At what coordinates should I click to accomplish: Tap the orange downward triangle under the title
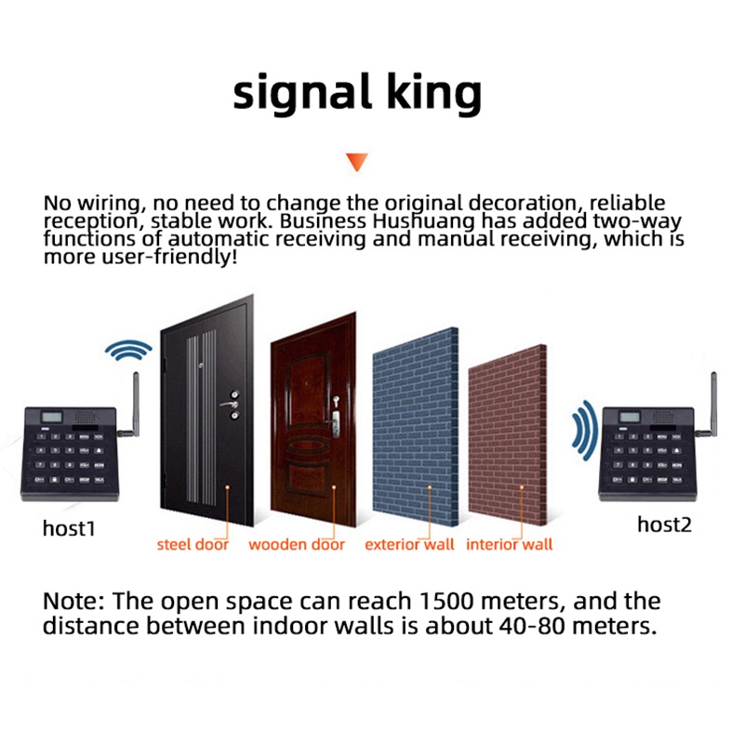(356, 163)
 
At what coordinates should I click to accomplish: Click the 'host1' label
(69, 528)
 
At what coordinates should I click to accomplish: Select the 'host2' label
(664, 525)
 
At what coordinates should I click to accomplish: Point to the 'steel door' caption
(193, 545)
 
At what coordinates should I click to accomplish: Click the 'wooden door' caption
(297, 545)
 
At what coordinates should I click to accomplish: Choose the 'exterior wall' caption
(409, 545)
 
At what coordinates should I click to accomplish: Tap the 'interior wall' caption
(510, 545)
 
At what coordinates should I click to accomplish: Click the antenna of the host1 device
(132, 405)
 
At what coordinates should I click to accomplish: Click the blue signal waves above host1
(127, 352)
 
